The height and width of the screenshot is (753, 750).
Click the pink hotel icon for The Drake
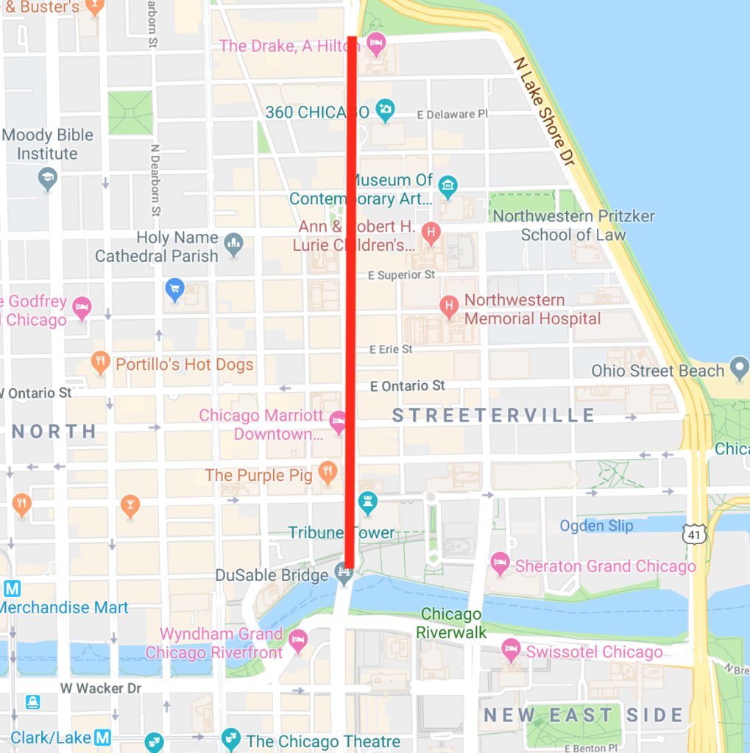coord(376,43)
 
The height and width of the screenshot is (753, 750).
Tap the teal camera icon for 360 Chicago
coord(384,110)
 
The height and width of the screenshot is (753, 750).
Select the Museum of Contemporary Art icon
coord(447,183)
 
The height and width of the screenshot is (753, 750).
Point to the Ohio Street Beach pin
coord(738,366)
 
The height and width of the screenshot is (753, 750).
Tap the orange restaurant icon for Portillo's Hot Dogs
coord(100,361)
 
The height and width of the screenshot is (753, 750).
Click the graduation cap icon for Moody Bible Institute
coord(48,177)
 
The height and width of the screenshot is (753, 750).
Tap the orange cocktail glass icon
coord(130,505)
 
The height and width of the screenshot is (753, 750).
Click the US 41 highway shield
coord(693,534)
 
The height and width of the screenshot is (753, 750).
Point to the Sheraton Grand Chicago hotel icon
coord(500,563)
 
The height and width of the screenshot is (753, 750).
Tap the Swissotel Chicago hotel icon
coord(510,649)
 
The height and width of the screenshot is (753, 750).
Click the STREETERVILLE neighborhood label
coord(493,415)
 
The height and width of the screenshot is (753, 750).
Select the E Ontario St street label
coord(407,385)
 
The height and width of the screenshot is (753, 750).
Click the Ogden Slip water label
coord(596,525)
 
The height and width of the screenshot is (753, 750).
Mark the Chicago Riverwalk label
coord(451,623)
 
